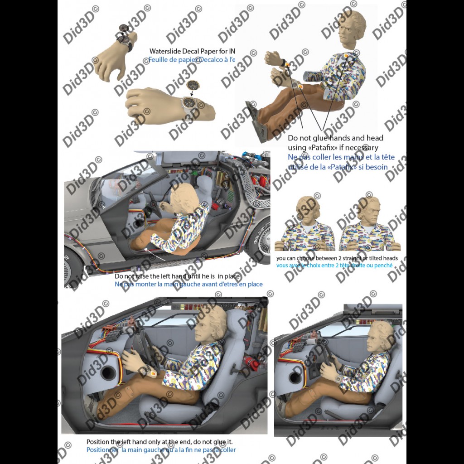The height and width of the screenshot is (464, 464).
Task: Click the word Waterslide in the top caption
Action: tap(166, 51)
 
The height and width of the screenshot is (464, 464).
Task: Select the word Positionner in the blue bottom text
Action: tap(103, 450)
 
